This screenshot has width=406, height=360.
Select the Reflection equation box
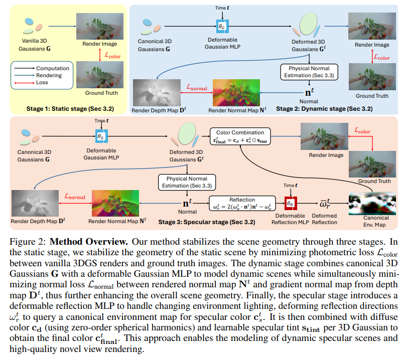pos(242,203)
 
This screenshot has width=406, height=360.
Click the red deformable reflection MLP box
pos(289,203)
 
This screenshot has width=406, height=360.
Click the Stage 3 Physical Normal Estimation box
pos(187,182)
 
